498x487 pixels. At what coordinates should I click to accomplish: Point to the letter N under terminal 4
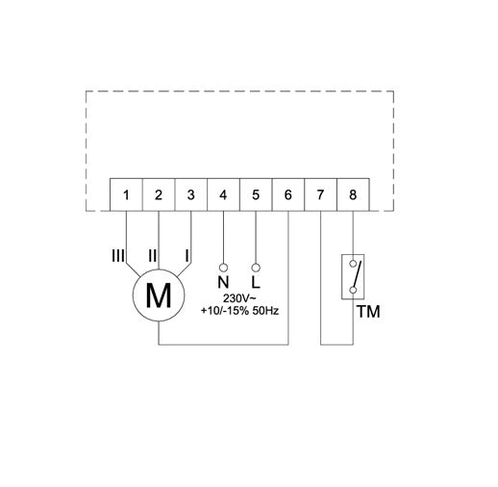click(223, 283)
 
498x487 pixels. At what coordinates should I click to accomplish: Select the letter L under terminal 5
click(256, 283)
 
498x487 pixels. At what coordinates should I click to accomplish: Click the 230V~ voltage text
click(239, 299)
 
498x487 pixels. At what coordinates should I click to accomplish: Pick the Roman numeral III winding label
click(118, 256)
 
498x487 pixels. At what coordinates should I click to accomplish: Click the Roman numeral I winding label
click(187, 256)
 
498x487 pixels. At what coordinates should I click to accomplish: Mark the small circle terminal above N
click(223, 267)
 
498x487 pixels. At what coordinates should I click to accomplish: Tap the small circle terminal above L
click(256, 267)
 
